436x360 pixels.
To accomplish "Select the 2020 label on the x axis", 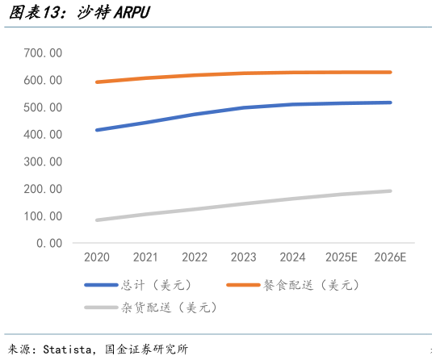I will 97,257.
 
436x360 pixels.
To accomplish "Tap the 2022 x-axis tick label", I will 195,257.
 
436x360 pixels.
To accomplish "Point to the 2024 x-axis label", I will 292,257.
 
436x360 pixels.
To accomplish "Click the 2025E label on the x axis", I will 342,257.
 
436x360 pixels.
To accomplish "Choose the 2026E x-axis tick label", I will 391,257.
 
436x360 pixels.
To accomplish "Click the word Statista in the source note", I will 70,350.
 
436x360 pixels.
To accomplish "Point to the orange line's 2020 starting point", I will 97,82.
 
